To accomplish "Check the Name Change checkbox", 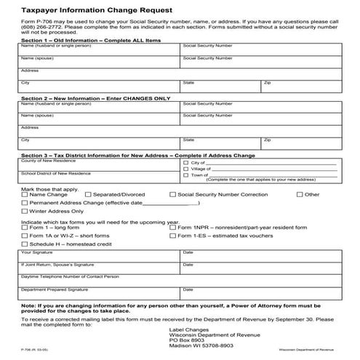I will [25, 195].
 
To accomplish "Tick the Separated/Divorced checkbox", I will [88, 195].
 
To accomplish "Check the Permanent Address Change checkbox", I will [25, 203].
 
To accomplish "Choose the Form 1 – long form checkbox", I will [25, 228].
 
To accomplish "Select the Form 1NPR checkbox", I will [172, 228].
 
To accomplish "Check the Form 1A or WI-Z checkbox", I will [25, 236].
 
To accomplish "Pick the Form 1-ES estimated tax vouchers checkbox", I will [172, 236].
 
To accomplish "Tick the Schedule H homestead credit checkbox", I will [25, 244].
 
